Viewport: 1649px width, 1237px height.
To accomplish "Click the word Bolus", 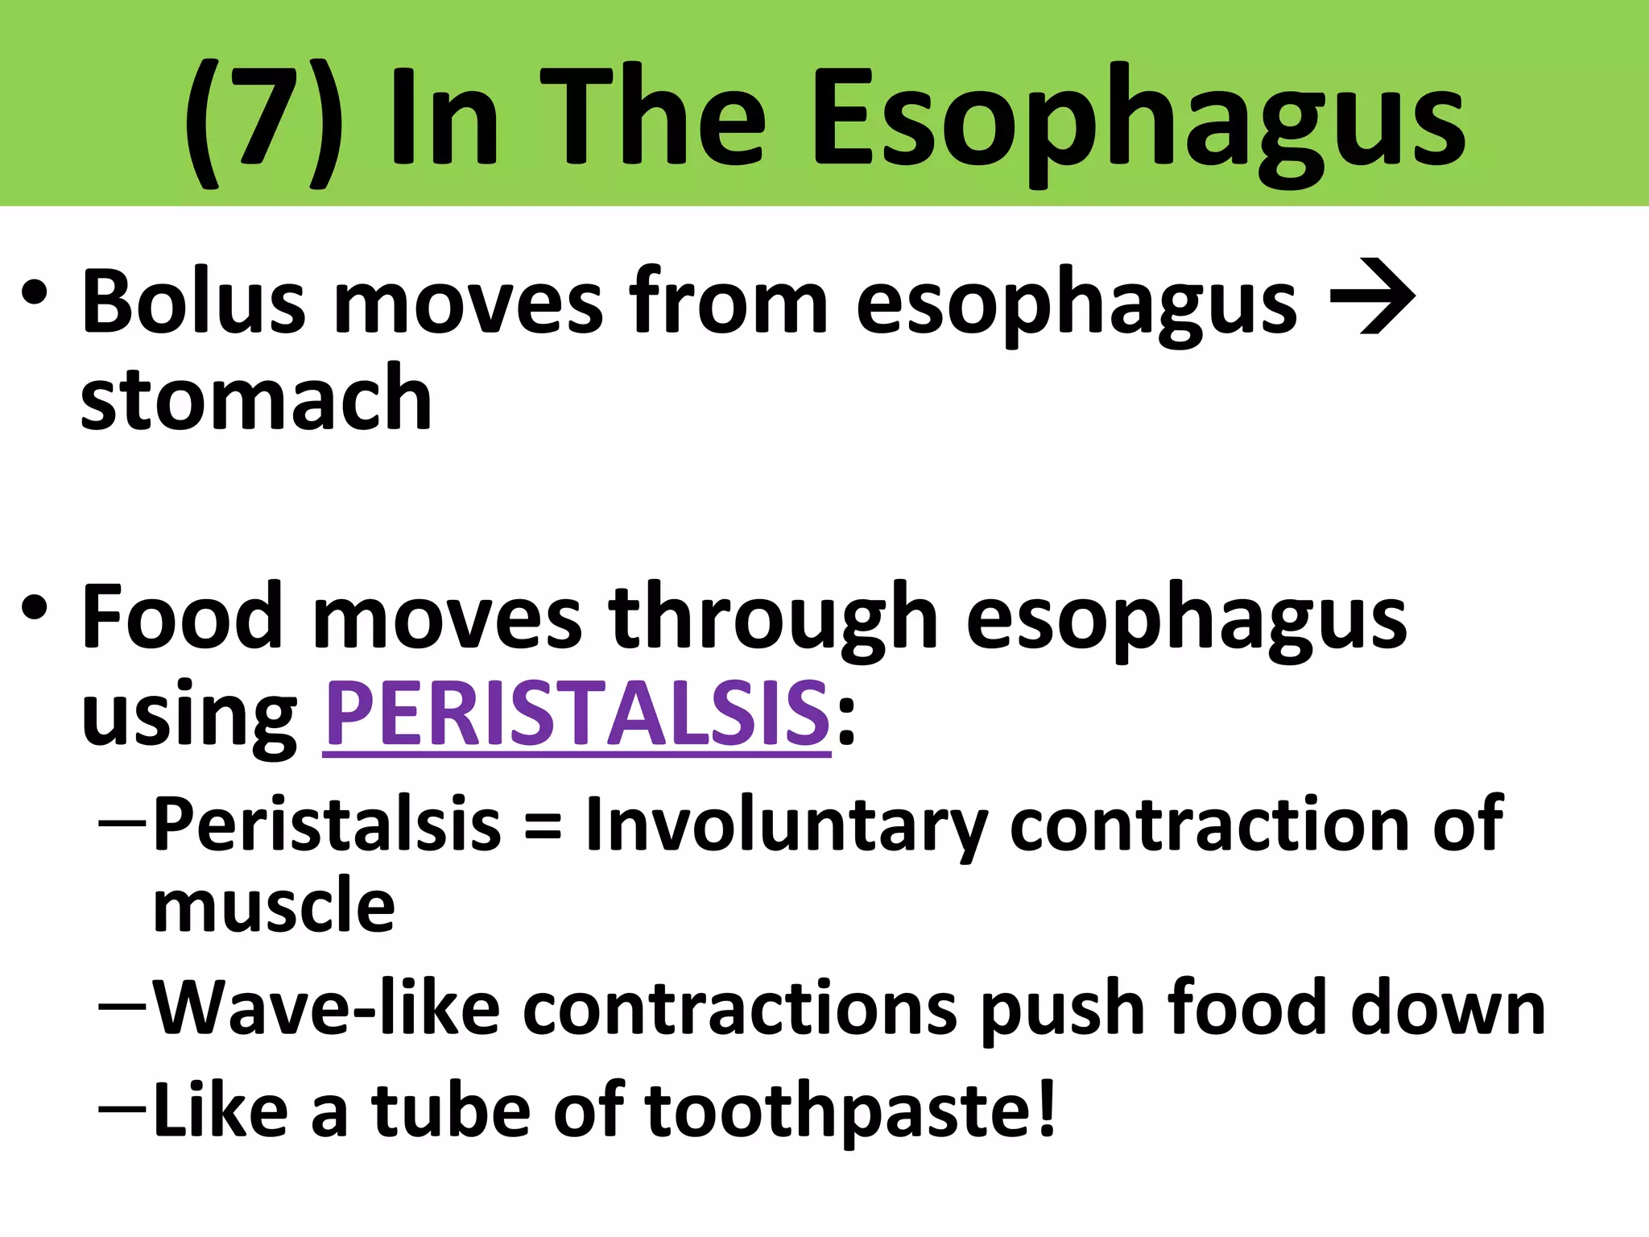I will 193,302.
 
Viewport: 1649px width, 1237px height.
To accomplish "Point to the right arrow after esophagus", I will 1373,297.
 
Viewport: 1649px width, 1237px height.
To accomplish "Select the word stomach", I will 256,398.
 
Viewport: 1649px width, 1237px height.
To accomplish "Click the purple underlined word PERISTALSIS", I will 577,714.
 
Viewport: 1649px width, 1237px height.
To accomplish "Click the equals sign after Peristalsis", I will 542,825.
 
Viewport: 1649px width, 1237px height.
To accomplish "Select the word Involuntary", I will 785,825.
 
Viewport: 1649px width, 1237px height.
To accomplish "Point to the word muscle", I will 274,905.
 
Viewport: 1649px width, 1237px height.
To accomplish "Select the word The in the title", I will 652,121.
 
